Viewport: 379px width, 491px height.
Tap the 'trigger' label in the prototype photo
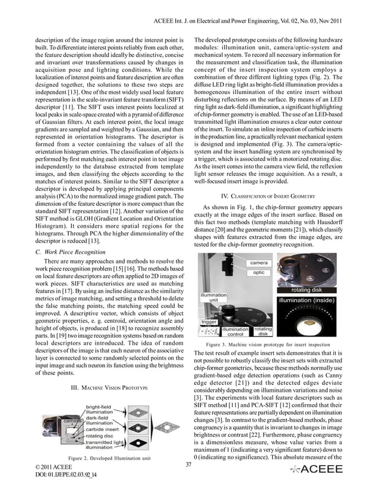tap(210, 322)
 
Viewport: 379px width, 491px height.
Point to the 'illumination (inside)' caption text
tap(312, 301)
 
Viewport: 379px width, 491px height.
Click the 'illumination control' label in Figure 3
tap(236, 332)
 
